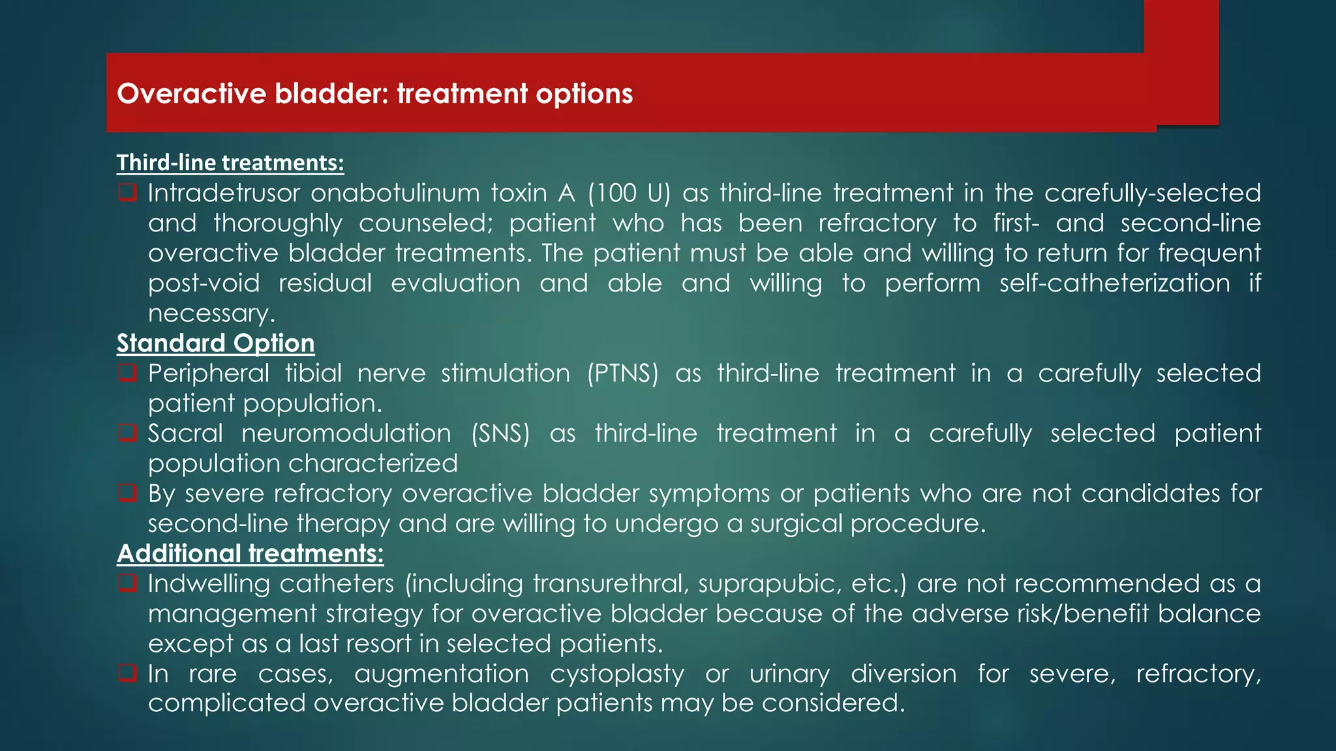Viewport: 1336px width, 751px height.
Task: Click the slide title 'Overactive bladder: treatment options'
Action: tap(374, 94)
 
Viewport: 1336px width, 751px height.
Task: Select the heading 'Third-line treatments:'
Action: tap(230, 162)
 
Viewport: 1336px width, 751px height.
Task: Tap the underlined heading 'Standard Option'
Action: tap(215, 343)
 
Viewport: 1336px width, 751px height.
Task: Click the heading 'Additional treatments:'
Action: tap(250, 553)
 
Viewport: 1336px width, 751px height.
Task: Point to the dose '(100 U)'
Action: tap(628, 193)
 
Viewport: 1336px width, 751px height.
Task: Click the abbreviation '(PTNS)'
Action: tap(622, 374)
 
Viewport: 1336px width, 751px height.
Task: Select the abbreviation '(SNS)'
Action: tap(500, 434)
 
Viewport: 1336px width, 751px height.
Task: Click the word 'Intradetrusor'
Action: tap(224, 193)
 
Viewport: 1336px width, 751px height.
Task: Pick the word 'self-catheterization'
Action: tap(1114, 284)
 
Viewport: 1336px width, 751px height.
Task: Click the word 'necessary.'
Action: tap(211, 314)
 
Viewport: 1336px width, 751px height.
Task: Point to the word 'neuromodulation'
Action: tap(346, 434)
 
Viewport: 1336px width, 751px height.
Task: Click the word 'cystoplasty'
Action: tap(616, 673)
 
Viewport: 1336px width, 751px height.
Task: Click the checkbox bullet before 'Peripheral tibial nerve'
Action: tap(127, 372)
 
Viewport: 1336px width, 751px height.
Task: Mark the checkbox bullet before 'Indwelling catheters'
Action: tap(127, 582)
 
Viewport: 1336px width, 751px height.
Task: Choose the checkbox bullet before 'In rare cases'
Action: tap(127, 672)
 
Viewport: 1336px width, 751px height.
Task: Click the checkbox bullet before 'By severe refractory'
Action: tap(127, 492)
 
